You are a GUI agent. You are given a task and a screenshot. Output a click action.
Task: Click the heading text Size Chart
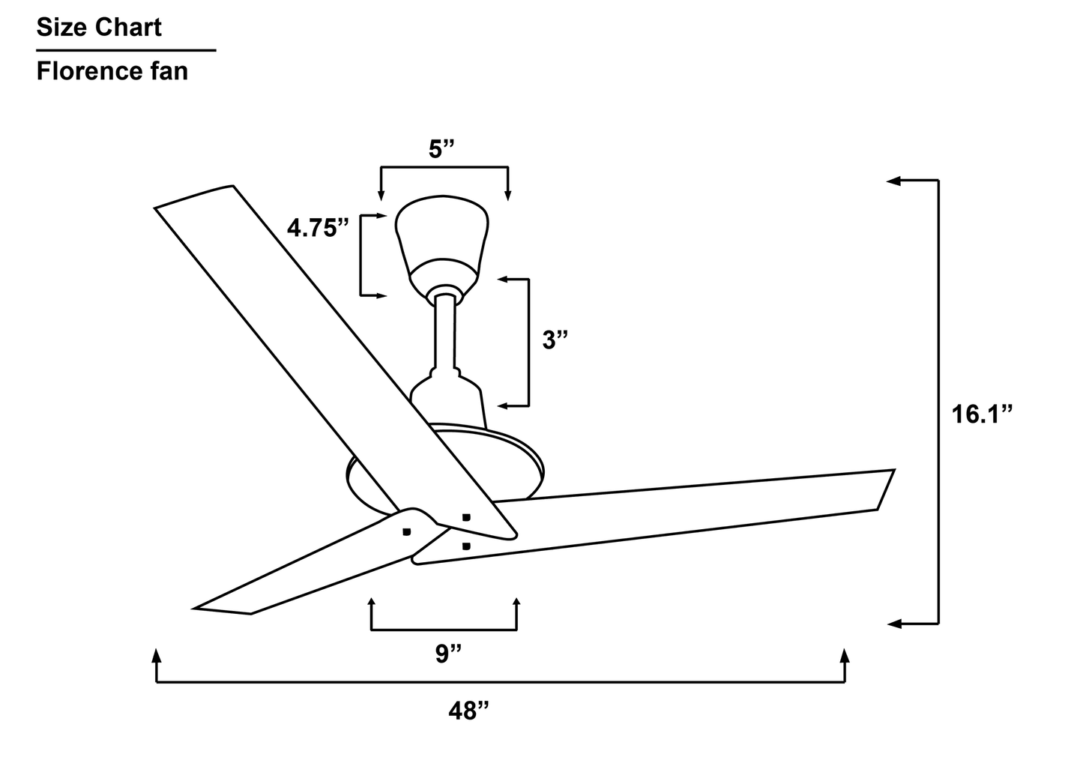pos(99,28)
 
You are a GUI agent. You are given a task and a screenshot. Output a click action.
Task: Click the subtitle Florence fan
pos(112,72)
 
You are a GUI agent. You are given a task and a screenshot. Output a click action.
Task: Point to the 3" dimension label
pos(555,340)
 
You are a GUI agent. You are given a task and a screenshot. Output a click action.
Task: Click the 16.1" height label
pos(982,414)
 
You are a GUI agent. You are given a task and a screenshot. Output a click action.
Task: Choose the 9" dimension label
pos(448,654)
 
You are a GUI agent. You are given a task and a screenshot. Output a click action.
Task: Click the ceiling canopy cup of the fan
pos(441,232)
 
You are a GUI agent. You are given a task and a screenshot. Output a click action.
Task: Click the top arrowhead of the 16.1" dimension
pos(893,181)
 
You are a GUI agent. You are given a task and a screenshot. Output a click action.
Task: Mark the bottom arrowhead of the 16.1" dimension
pos(893,623)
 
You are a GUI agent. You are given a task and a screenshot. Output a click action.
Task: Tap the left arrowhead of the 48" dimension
pos(156,656)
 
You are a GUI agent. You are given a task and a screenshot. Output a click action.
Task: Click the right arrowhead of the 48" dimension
pos(845,656)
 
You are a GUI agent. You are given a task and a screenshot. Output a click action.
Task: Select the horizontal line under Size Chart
pos(126,51)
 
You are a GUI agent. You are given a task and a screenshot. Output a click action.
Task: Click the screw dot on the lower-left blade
pos(406,531)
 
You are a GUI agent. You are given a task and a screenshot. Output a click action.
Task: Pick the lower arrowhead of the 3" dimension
pos(504,405)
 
